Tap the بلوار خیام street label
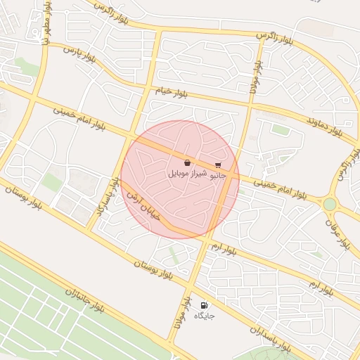coord(172,91)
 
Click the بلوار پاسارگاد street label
coord(106,202)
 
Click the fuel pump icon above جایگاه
coord(204,305)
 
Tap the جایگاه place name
coord(204,316)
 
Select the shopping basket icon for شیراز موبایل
coord(187,162)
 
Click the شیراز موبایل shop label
coord(187,173)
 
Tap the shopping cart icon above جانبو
coord(218,165)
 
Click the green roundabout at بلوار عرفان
coord(330,204)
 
